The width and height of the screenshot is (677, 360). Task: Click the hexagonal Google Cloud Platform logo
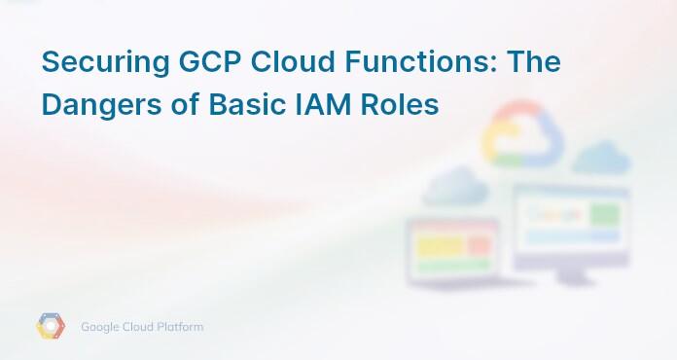click(51, 327)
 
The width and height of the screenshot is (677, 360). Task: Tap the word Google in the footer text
click(102, 327)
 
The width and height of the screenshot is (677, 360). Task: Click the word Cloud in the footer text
click(141, 327)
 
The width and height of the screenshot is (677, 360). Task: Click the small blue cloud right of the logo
click(601, 157)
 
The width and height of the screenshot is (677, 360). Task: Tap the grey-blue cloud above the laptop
click(454, 184)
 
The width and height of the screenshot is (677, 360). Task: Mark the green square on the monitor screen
click(606, 212)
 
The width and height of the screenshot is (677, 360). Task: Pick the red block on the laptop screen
click(479, 245)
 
